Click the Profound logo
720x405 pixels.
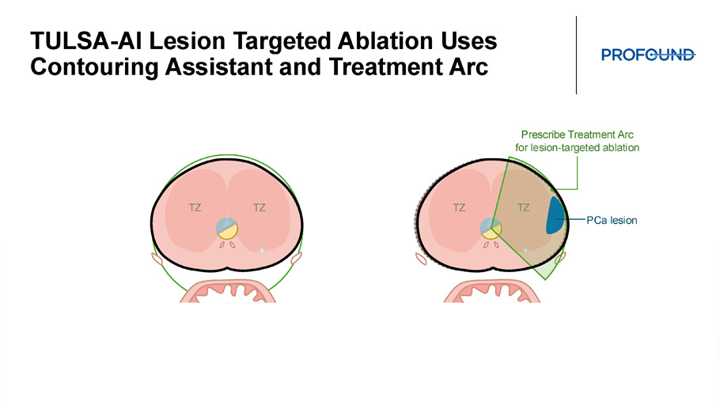click(x=648, y=55)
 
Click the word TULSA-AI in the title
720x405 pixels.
click(x=86, y=41)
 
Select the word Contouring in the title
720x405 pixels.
click(x=94, y=67)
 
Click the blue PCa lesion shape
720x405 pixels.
click(x=555, y=216)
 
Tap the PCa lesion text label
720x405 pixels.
click(x=612, y=221)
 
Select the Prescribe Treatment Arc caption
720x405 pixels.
click(x=578, y=141)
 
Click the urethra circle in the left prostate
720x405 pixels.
click(x=227, y=229)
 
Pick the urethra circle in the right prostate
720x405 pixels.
click(x=491, y=229)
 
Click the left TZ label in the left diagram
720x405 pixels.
click(x=195, y=207)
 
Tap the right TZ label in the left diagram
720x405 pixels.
click(x=260, y=207)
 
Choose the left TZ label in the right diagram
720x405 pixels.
click(x=459, y=207)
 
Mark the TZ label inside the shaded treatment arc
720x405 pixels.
click(x=524, y=207)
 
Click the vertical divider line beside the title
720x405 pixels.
click(x=576, y=55)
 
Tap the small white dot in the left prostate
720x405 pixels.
click(x=262, y=251)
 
